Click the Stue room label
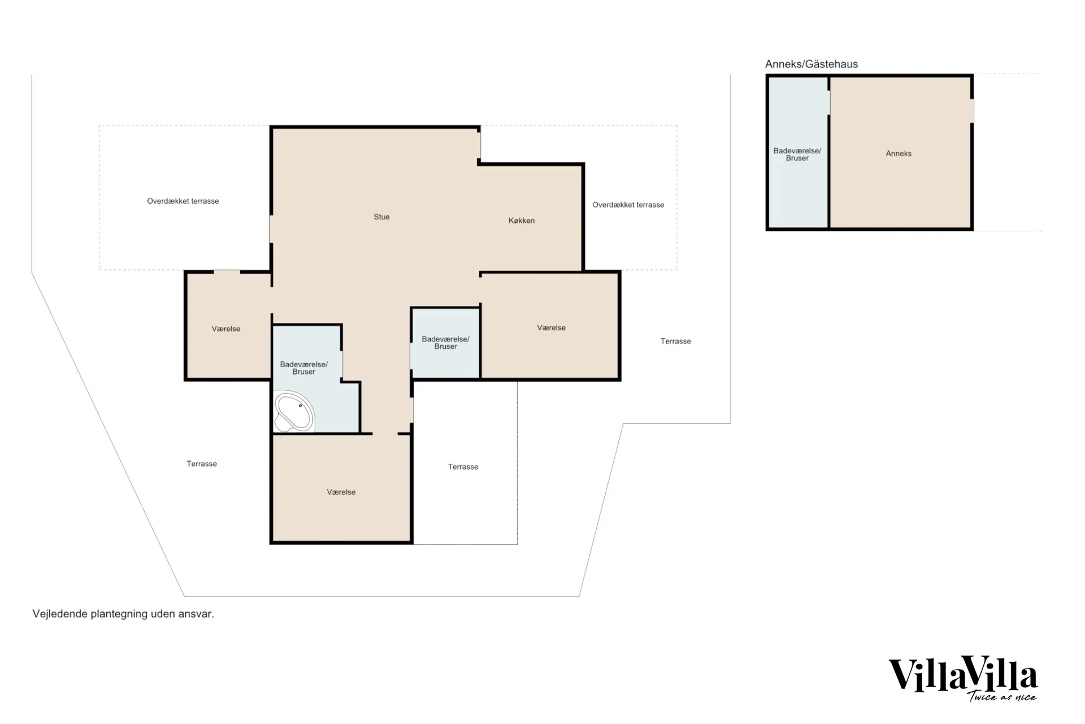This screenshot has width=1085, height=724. coord(381,217)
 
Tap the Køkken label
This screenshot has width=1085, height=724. coord(522,221)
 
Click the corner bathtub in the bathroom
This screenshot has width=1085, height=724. coord(294,411)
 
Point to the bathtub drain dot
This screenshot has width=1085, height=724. coord(300,406)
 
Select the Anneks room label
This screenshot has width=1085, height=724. coord(899,153)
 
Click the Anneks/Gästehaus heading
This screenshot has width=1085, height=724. coord(811,64)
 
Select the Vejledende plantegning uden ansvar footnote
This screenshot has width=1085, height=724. coord(123,614)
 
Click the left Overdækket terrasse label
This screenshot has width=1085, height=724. coord(183,201)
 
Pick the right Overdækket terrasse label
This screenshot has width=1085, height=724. coord(628,205)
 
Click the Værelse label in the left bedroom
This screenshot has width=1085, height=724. coord(226,329)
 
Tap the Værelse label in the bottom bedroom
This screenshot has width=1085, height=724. coord(341,492)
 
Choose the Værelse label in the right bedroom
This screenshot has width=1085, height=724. coord(552,327)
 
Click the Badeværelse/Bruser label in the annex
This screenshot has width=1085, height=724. coord(797,154)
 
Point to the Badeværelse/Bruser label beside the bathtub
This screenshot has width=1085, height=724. coord(304,368)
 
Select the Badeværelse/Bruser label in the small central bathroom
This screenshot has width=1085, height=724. coord(446,343)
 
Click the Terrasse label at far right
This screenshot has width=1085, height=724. coord(676,341)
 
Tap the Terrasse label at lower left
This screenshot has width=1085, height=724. coord(202,464)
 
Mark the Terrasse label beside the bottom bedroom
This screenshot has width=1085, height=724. coord(463,467)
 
